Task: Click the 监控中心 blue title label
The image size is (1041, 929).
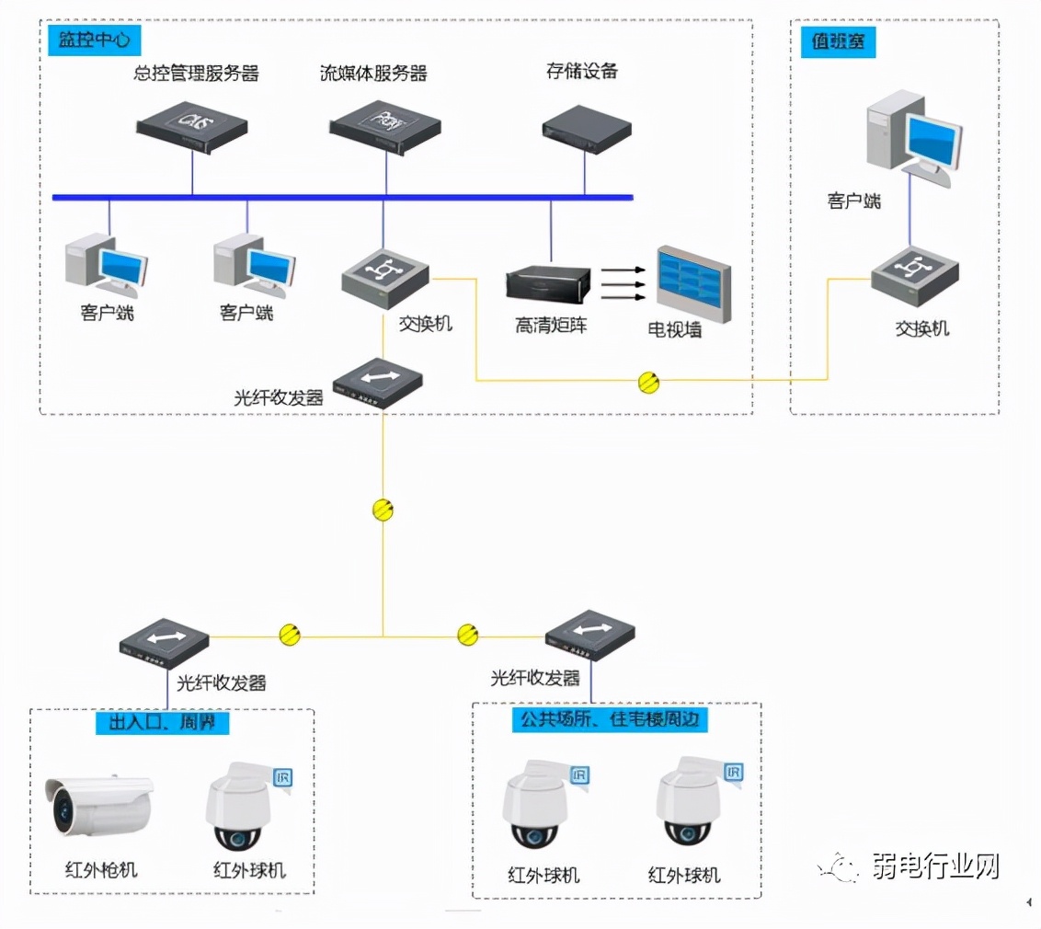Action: point(91,41)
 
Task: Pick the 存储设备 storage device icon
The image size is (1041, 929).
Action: point(587,127)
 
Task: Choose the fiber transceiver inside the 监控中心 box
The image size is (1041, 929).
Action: point(377,383)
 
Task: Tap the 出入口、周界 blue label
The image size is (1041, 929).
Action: point(162,723)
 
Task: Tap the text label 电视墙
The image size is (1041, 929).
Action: point(675,329)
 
